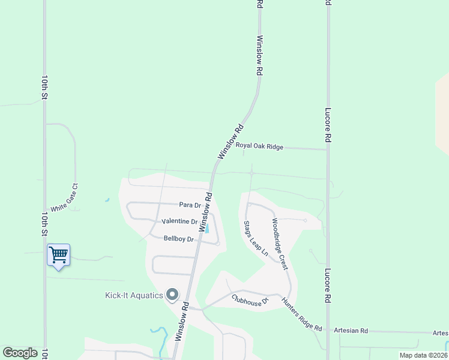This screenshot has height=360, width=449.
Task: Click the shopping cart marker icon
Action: (x=58, y=254)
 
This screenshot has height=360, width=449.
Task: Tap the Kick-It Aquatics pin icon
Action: (x=172, y=295)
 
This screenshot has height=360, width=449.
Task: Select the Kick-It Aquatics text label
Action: (x=134, y=295)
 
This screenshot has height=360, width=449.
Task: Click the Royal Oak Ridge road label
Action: (x=259, y=145)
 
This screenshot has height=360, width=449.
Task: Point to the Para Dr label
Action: (x=190, y=205)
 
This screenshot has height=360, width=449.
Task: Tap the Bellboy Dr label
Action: (x=179, y=239)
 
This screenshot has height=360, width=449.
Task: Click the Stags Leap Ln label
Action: (x=255, y=239)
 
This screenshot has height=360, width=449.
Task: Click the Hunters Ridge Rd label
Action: (x=301, y=315)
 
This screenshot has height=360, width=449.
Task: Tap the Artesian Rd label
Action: (x=351, y=331)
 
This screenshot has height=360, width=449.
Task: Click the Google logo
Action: (x=20, y=353)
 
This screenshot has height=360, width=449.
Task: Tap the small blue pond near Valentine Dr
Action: (x=206, y=229)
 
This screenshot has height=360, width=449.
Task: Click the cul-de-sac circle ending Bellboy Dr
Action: (x=218, y=244)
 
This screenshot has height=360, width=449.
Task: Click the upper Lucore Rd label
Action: (x=328, y=124)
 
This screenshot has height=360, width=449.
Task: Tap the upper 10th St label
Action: (x=44, y=87)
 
